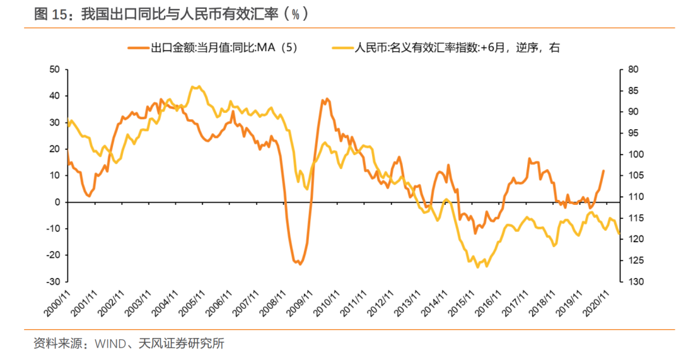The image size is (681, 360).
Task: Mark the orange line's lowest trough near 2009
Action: click(x=299, y=264)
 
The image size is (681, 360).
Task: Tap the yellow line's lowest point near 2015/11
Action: click(x=477, y=267)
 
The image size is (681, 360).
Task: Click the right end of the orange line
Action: click(x=603, y=170)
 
